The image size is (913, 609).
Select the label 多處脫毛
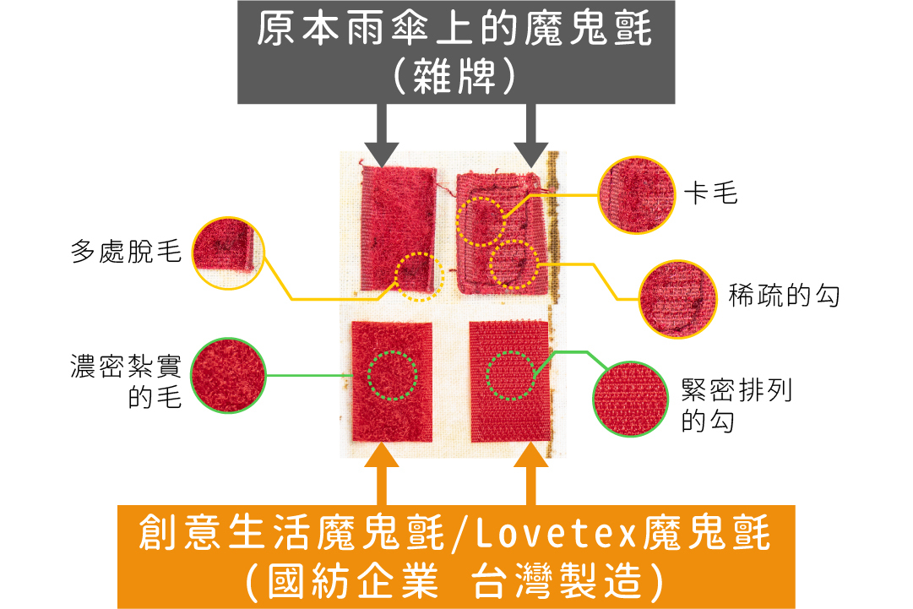pos(127,252)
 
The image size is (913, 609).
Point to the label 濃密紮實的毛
pos(127,382)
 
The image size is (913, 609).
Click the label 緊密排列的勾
pos(736,405)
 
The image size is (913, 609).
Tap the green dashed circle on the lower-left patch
pos(393,375)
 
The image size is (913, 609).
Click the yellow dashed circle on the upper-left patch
pos(420,276)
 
